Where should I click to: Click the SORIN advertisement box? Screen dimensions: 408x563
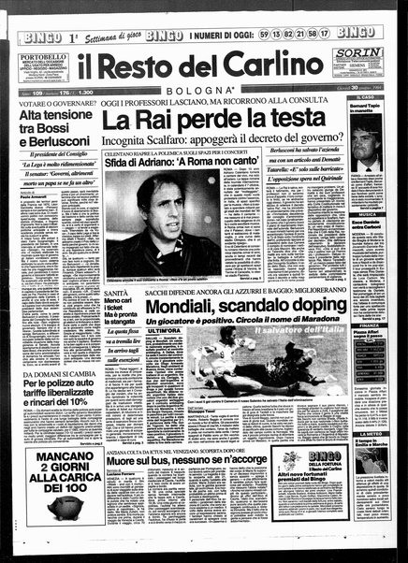(358, 65)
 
